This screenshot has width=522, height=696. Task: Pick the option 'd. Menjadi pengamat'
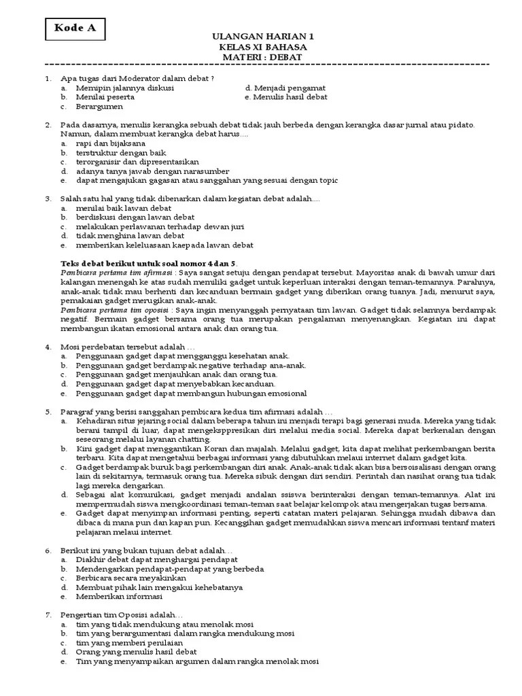click(285, 88)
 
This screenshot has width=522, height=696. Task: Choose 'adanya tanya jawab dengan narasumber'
click(153, 171)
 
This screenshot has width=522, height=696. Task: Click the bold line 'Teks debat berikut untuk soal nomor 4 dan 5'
click(149, 263)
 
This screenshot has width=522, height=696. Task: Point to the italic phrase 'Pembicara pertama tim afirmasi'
click(115, 273)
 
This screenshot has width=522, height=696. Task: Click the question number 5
click(49, 411)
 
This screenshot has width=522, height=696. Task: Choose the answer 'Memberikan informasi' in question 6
click(120, 595)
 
